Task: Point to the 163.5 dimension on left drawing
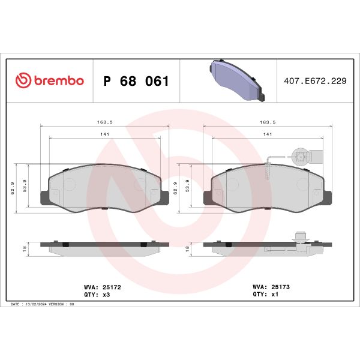(x=104, y=122)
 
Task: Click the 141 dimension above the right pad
(x=268, y=134)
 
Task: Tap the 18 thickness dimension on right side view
(x=188, y=247)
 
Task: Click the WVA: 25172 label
(x=103, y=287)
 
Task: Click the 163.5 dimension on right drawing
(x=268, y=122)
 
